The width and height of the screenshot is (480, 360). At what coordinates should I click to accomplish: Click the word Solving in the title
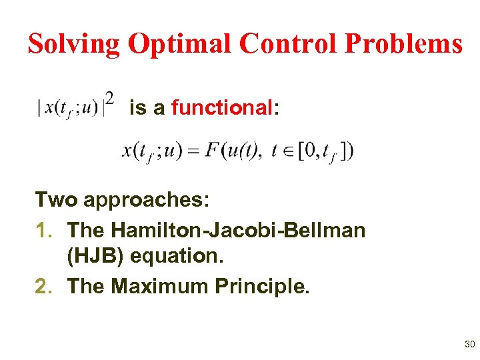coord(74,44)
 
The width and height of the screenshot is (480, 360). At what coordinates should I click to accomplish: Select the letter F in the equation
coord(212,150)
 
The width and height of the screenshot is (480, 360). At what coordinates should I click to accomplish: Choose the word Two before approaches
coord(56,199)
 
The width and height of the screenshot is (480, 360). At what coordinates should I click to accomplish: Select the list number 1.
coord(41,230)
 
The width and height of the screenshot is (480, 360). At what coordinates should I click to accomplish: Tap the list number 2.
coord(41,286)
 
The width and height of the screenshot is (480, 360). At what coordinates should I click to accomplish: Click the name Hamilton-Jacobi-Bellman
coord(238,230)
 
